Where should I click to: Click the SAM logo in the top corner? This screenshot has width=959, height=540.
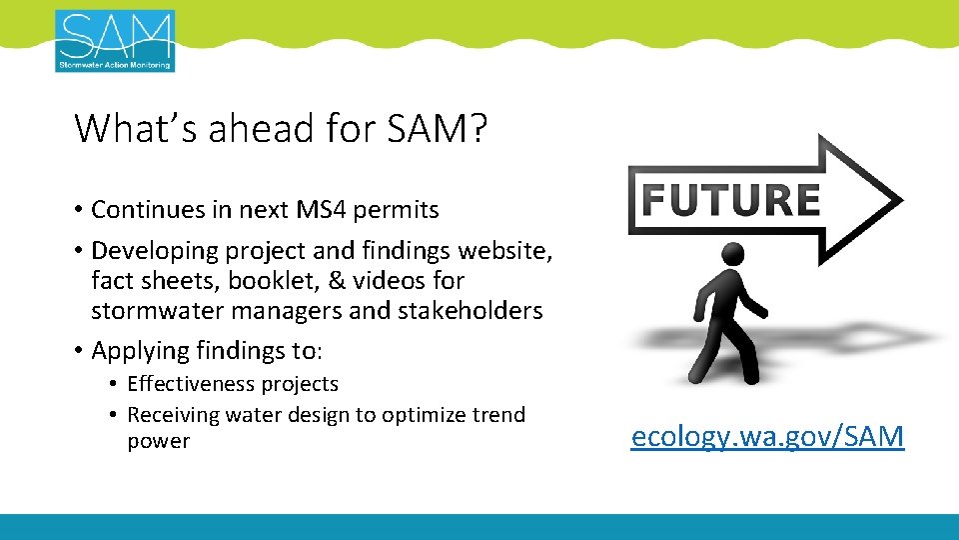click(x=115, y=41)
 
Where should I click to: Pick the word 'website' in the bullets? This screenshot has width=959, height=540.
click(x=499, y=250)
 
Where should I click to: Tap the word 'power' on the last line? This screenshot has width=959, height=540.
click(x=158, y=442)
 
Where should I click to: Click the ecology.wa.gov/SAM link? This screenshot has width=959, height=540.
click(x=767, y=436)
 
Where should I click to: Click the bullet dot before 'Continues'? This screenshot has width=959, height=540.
click(x=78, y=211)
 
